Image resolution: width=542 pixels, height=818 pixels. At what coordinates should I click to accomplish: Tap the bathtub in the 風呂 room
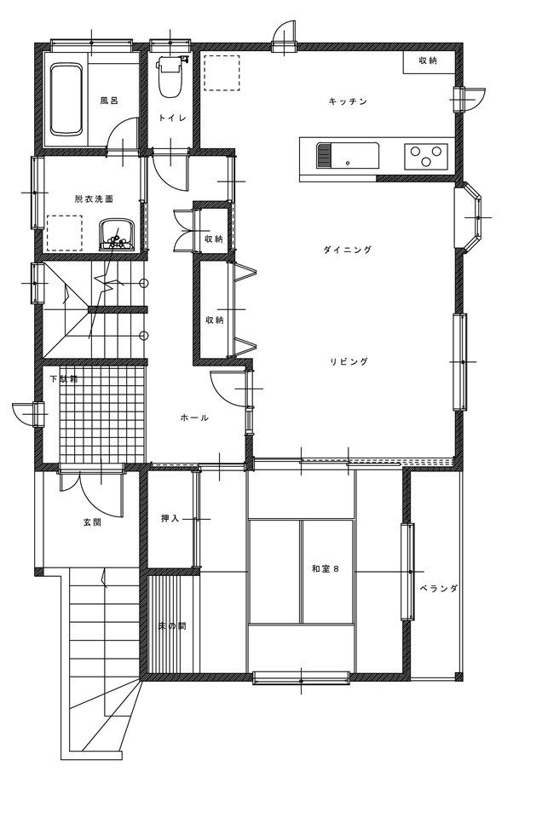(66, 99)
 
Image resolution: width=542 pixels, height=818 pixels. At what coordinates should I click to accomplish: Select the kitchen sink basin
(348, 155)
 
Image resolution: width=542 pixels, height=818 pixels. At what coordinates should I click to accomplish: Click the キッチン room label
(348, 101)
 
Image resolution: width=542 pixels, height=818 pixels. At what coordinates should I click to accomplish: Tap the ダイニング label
(348, 250)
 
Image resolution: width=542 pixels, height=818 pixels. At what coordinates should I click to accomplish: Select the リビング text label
(349, 361)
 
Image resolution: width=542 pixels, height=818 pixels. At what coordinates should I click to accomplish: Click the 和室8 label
(326, 568)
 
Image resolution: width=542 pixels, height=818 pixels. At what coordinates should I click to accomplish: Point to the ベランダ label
(439, 589)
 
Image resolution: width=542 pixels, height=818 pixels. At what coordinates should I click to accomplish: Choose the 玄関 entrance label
(92, 522)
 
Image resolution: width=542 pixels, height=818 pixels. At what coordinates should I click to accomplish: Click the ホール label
(194, 418)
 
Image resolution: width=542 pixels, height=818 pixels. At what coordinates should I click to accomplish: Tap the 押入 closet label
(170, 519)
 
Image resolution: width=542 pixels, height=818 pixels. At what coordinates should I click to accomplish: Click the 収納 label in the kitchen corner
(428, 60)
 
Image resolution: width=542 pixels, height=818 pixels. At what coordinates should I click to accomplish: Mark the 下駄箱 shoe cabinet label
(64, 378)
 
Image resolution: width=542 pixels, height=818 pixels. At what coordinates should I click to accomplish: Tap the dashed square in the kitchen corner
(222, 73)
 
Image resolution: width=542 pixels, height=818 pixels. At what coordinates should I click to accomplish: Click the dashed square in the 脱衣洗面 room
(65, 233)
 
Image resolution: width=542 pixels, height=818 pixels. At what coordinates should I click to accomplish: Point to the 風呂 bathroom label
(109, 101)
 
